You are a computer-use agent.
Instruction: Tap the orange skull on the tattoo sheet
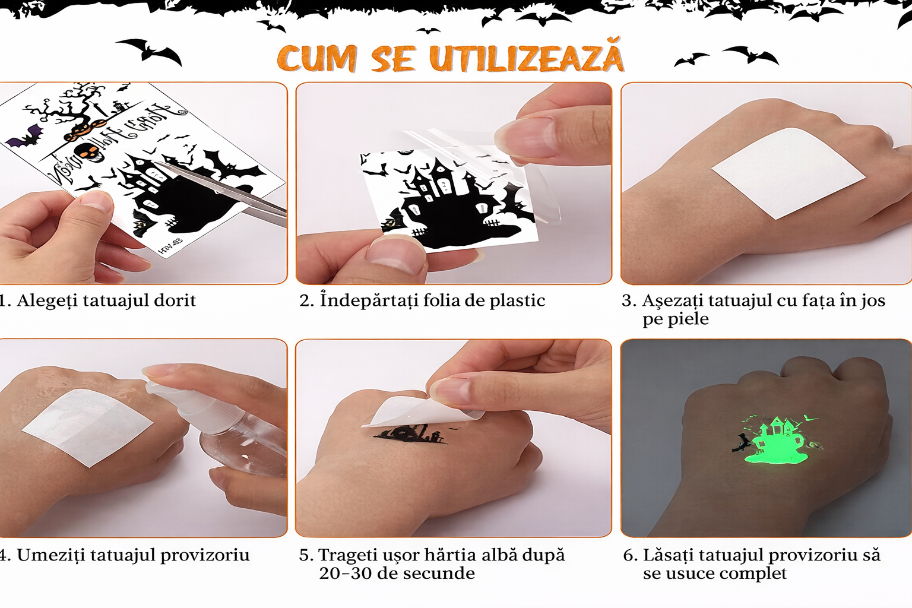click(88, 151)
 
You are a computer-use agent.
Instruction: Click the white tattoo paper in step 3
click(788, 173)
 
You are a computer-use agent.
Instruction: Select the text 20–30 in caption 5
click(343, 574)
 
